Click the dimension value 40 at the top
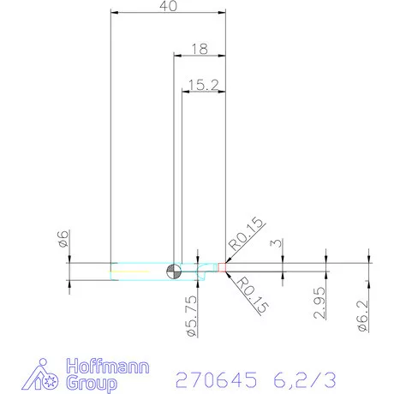[x=169, y=6]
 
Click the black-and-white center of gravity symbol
[x=175, y=271]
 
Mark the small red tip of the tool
[x=223, y=267]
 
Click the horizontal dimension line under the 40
[x=169, y=14]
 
